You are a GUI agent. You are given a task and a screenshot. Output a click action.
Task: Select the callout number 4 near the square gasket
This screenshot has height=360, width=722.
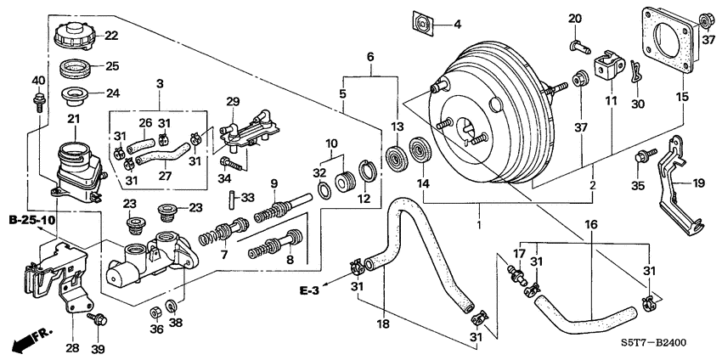[456, 24]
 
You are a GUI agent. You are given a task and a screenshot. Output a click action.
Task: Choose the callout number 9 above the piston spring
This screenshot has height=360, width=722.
[274, 183]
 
